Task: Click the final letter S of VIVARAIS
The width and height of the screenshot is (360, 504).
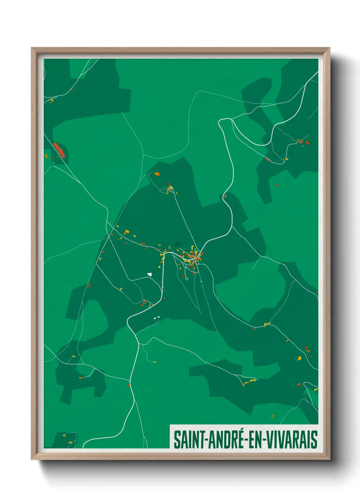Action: pos(314,440)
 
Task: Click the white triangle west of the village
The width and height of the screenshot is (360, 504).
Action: pos(149,274)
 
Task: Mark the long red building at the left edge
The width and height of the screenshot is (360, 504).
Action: pos(59,150)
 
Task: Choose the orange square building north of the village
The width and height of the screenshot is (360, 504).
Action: pos(157,174)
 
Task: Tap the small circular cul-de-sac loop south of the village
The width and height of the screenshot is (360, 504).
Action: pos(187,279)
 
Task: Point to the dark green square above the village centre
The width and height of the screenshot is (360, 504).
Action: pos(177,244)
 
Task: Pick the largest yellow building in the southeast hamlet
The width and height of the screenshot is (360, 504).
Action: pos(299,358)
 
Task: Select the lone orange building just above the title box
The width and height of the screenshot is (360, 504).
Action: pos(272,416)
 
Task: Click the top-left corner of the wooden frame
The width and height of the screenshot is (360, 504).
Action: pos(32,48)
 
